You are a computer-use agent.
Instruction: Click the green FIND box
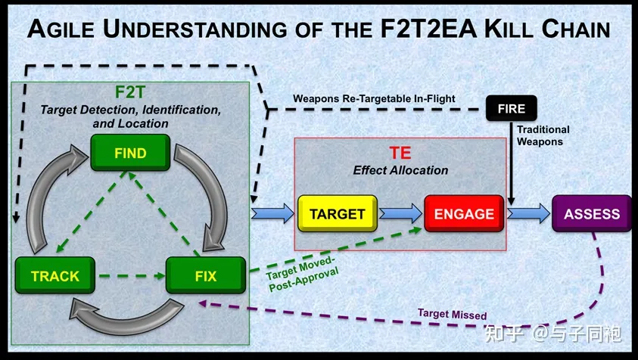pos(130,153)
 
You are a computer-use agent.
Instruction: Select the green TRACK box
pos(55,275)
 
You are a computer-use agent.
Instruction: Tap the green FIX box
pos(206,275)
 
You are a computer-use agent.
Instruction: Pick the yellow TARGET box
pos(338,213)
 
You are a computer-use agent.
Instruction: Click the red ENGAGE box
pos(464,213)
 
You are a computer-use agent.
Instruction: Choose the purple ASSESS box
pos(592,213)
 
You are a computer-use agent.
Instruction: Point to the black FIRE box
pos(512,109)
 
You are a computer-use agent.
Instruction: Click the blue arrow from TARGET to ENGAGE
pos(401,213)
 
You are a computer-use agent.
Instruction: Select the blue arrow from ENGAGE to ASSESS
pos(528,213)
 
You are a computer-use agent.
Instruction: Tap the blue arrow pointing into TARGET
pos(272,213)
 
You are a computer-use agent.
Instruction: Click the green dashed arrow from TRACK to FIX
pos(132,276)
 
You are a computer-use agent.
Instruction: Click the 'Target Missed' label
pos(452,314)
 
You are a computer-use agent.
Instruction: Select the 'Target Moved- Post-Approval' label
pos(302,273)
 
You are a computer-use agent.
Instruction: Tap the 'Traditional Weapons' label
pos(543,135)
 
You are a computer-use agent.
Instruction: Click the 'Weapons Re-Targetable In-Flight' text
pos(374,99)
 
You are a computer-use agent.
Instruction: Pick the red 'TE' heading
pos(400,153)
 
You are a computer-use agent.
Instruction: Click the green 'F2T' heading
pos(130,92)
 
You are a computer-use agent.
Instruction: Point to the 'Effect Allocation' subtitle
pos(400,170)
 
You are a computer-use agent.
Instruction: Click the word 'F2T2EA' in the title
pos(428,29)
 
